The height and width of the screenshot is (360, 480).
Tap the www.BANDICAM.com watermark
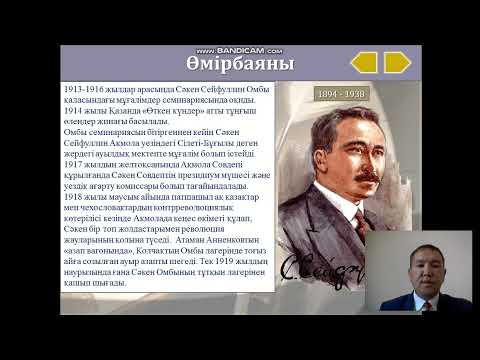click(x=240, y=49)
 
